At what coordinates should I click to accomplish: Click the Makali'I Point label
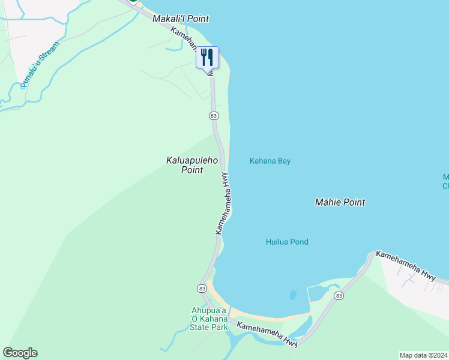click(181, 19)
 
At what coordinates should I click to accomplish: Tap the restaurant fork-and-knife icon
click(207, 58)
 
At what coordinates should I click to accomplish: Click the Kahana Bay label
click(270, 161)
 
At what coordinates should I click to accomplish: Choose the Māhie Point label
click(340, 203)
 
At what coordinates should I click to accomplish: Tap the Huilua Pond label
click(287, 242)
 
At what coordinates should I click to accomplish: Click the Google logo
click(20, 353)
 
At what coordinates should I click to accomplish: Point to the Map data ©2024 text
click(423, 355)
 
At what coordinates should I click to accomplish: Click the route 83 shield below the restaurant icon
click(214, 115)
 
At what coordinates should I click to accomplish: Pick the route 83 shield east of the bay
click(339, 296)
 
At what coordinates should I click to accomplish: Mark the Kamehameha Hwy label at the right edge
click(406, 265)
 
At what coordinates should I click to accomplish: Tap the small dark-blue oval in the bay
click(293, 295)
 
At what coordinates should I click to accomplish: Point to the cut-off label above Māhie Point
click(445, 181)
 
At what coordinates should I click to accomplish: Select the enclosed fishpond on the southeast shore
click(318, 293)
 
